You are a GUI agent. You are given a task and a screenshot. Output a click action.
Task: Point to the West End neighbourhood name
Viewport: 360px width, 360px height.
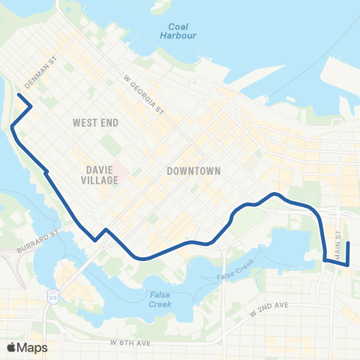(x=97, y=121)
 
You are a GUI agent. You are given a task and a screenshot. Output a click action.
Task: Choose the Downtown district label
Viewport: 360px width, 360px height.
(x=193, y=171)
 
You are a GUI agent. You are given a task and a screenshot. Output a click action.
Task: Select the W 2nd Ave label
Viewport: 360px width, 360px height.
(x=270, y=307)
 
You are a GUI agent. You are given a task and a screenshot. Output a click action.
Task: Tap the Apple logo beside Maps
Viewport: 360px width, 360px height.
(x=12, y=347)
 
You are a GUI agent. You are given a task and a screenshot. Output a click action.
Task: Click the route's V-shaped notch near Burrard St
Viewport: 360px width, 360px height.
(x=94, y=240)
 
